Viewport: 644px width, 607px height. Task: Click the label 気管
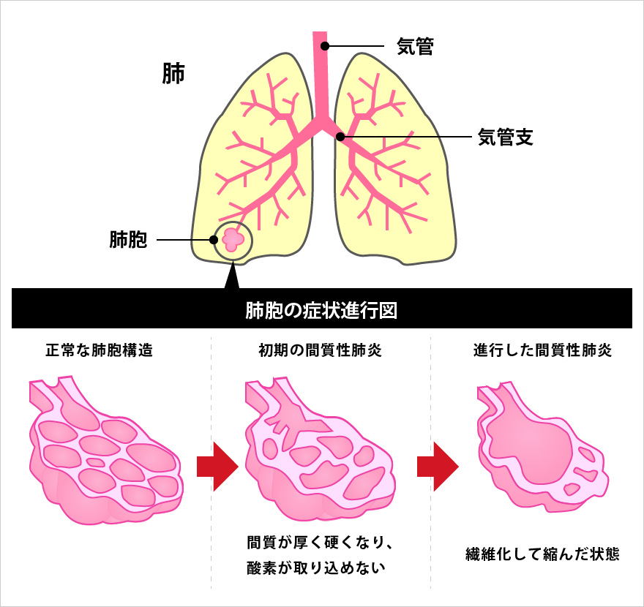tap(415, 48)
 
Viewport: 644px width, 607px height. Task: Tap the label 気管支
tap(504, 137)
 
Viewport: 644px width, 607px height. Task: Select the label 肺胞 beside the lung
tap(128, 240)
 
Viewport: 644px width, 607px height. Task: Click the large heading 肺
tap(173, 74)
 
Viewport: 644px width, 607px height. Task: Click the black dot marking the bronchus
tap(340, 136)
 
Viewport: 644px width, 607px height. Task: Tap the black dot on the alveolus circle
tap(214, 239)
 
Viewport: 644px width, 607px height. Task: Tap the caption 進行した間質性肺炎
tap(542, 350)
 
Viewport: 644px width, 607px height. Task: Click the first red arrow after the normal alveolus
tap(217, 465)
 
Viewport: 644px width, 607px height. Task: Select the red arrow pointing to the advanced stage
tap(436, 465)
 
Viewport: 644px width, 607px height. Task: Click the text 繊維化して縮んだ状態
tap(542, 554)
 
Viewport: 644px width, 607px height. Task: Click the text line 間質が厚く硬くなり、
tap(321, 543)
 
